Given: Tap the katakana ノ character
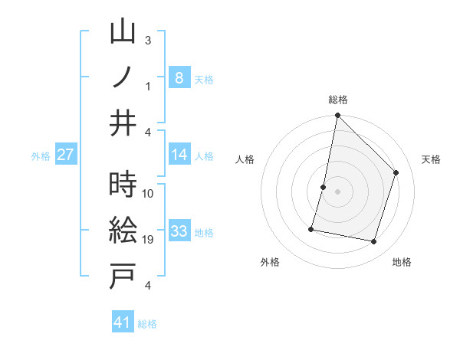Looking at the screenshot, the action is click(x=123, y=78).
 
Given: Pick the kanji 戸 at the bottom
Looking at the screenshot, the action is click(x=123, y=277).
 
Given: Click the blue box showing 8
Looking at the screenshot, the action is click(x=179, y=77).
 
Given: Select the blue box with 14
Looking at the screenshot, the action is click(x=179, y=155).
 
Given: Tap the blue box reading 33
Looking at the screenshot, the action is click(x=179, y=231).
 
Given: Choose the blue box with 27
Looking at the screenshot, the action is click(x=66, y=155).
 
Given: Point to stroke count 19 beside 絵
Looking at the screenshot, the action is click(x=148, y=240).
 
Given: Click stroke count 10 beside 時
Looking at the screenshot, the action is click(x=148, y=193).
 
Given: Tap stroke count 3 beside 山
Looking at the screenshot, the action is click(x=148, y=40).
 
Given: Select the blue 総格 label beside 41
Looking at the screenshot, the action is click(x=147, y=324).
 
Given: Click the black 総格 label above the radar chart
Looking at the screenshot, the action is click(x=337, y=100).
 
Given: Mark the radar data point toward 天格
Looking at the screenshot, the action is click(x=396, y=172).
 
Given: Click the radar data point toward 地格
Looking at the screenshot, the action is click(x=373, y=242).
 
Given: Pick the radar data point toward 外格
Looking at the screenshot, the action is click(x=312, y=228).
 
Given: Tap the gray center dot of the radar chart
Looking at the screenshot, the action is click(x=337, y=191).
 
